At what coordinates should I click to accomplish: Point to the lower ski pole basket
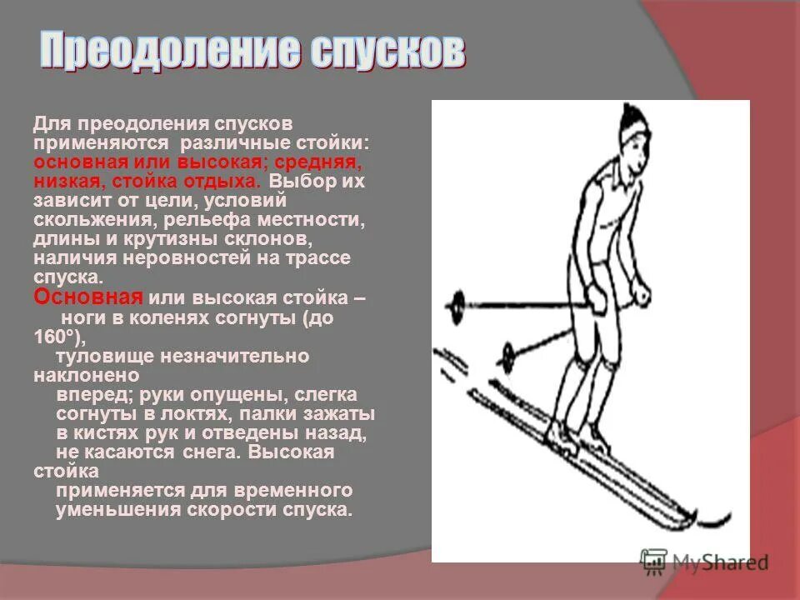click(507, 356)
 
